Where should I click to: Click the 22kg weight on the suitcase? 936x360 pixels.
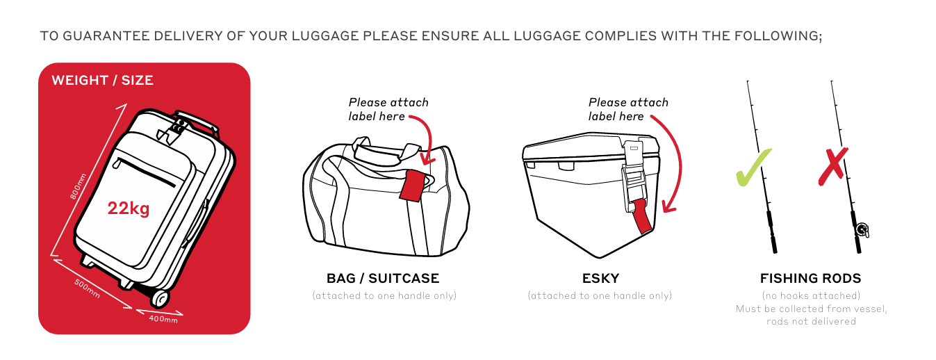(x=129, y=208)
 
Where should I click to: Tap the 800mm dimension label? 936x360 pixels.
(x=78, y=186)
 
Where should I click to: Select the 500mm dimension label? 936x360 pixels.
(x=87, y=288)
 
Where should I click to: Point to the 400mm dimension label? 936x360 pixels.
(x=163, y=319)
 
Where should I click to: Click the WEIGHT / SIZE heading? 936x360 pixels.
(x=102, y=81)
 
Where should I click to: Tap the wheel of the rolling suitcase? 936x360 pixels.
(x=160, y=297)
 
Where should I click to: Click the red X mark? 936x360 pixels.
(x=833, y=166)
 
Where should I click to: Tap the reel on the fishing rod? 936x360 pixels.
(x=862, y=229)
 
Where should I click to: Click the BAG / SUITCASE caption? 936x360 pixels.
(x=383, y=279)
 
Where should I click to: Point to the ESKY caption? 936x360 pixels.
(x=600, y=279)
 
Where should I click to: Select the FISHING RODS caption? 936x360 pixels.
(x=811, y=279)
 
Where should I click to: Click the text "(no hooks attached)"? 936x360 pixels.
(x=811, y=295)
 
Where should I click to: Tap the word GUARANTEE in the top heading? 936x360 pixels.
(x=106, y=36)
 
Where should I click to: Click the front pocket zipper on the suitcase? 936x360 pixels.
(x=144, y=172)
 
